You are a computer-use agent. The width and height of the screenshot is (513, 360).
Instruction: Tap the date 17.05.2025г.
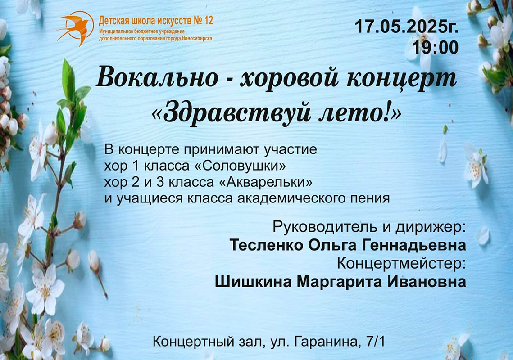406,27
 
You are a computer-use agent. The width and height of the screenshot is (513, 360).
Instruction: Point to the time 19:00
435,48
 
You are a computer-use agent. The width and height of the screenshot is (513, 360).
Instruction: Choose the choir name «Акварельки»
265,182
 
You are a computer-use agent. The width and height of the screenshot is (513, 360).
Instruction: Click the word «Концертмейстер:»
401,264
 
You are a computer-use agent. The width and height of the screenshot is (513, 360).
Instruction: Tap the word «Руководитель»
324,227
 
